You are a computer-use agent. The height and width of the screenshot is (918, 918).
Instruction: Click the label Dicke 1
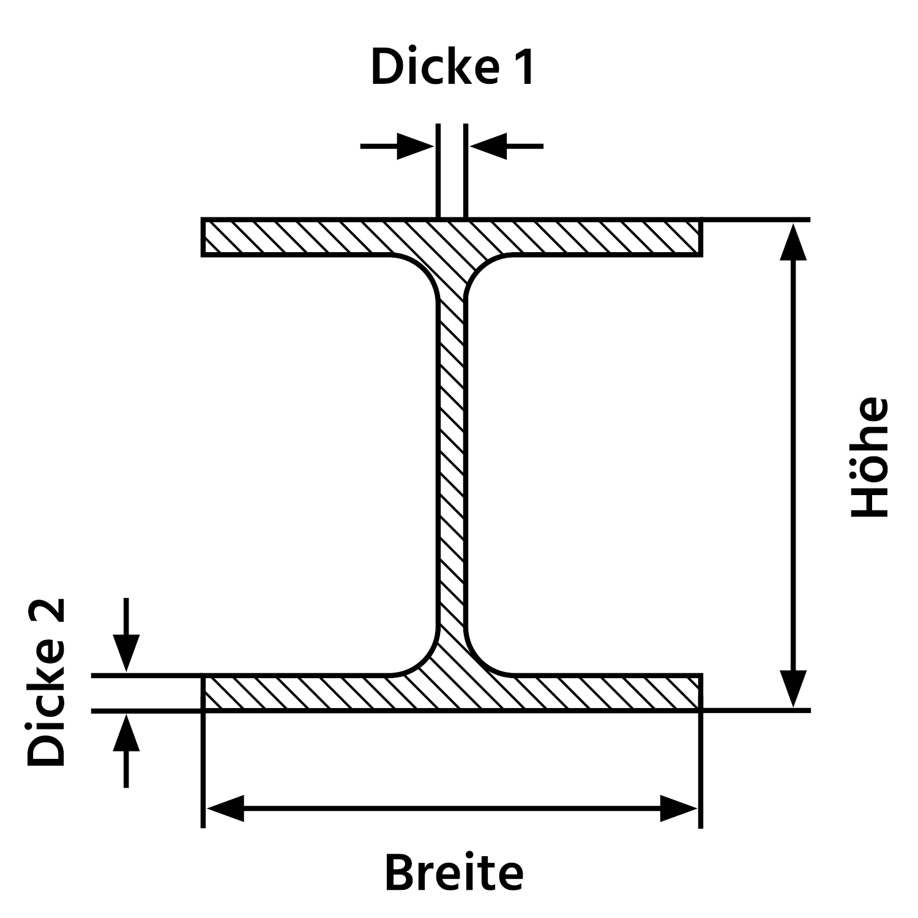[453, 67]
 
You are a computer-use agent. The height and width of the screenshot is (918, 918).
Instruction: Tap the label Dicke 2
[46, 682]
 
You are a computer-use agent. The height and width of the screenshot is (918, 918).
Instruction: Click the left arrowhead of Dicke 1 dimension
[416, 146]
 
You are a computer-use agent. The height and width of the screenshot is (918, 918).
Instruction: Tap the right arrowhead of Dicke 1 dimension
[488, 146]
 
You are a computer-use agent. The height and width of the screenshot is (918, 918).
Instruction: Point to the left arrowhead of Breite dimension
[225, 808]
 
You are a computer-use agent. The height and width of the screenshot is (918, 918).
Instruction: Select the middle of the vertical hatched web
[453, 465]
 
